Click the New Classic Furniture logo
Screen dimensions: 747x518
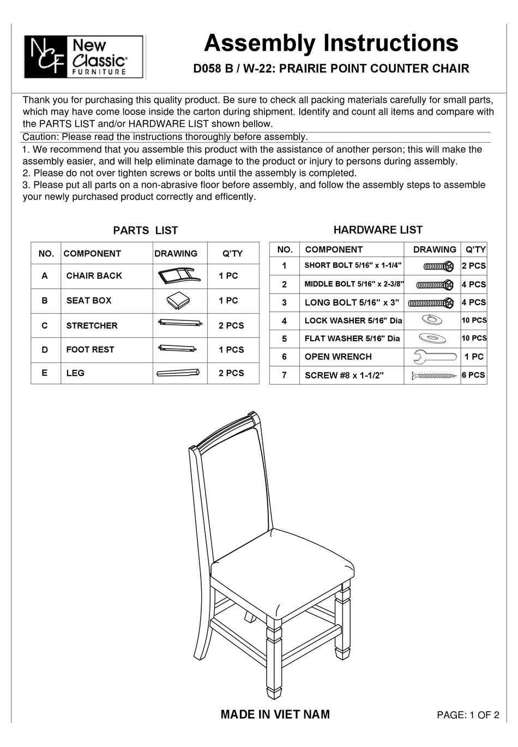click(x=83, y=57)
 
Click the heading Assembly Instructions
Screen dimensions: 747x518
click(x=330, y=43)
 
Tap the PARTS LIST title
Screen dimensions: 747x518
click(x=145, y=230)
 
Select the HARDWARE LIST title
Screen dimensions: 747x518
click(x=378, y=230)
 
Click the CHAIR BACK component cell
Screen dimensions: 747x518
click(x=94, y=276)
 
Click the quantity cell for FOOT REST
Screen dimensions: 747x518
click(x=231, y=350)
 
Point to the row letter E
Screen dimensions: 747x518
click(x=44, y=373)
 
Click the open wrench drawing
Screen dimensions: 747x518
click(x=432, y=357)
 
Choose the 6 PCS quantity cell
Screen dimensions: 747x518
click(x=473, y=375)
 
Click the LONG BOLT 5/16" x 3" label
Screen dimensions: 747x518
click(x=352, y=302)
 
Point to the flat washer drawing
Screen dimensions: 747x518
click(x=432, y=338)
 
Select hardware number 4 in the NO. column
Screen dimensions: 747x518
click(x=284, y=321)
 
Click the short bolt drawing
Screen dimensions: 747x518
click(x=438, y=266)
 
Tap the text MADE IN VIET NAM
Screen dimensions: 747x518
click(x=275, y=714)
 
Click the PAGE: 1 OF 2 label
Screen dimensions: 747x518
click(x=468, y=715)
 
